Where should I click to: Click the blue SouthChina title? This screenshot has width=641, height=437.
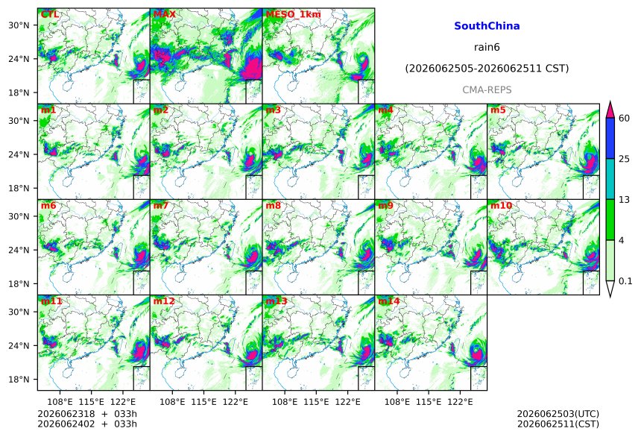point(487,26)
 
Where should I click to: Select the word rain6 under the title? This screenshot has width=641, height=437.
point(487,47)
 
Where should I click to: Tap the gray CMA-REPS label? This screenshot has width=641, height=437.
point(487,89)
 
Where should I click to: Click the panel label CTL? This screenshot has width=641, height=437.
point(50,14)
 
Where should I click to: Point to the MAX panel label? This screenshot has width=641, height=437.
point(164,14)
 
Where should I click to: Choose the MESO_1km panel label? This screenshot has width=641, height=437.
point(293,14)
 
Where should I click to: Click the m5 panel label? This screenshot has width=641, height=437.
point(498,110)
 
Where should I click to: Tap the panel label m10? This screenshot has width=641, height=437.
point(501,205)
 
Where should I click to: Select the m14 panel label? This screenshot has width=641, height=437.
point(389,301)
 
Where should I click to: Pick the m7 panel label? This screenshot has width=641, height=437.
point(161,205)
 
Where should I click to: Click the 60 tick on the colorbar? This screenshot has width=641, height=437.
point(625,119)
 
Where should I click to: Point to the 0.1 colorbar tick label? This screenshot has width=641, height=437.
point(625,281)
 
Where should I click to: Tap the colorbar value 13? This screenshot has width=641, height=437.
point(625,200)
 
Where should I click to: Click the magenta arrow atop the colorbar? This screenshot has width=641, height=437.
point(610,110)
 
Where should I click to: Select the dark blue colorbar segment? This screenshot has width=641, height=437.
point(610,138)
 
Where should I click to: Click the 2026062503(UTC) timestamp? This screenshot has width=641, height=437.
point(558,414)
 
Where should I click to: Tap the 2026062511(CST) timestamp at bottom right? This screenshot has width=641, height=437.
point(558,424)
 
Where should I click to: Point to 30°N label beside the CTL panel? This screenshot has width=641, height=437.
point(19,25)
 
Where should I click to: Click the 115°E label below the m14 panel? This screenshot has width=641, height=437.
point(429,402)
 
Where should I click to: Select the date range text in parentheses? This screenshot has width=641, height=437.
point(487,69)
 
